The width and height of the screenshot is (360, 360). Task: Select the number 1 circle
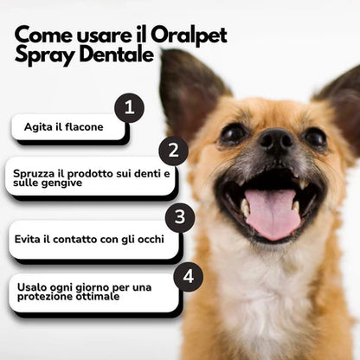point(129,107)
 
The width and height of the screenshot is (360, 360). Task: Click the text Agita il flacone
point(63,127)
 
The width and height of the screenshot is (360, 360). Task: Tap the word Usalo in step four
point(34,287)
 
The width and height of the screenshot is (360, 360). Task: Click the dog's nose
point(274,141)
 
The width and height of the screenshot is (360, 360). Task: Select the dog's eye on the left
point(233,133)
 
